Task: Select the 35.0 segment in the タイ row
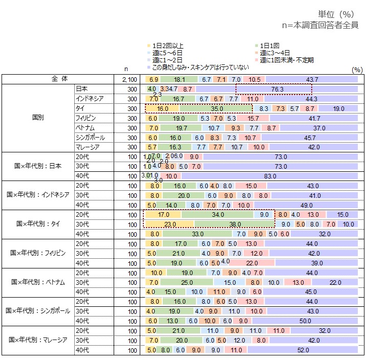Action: [216, 108]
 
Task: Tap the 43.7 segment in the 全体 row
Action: [312, 79]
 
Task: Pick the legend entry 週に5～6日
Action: [167, 52]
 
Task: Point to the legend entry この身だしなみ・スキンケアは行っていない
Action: [201, 67]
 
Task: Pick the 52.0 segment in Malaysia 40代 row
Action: [303, 350]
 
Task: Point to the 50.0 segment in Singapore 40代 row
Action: [306, 321]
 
